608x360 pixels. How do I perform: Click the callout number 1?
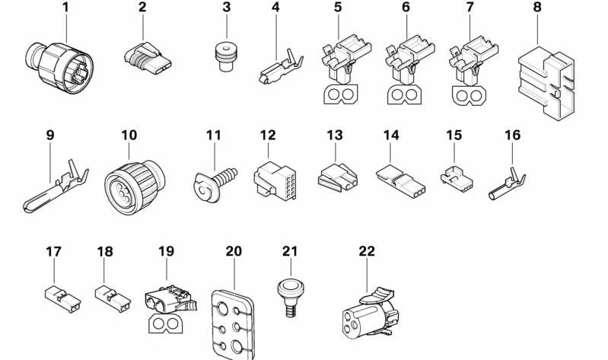click(65, 7)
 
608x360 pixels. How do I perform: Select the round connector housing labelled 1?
click(59, 68)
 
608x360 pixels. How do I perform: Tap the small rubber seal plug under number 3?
click(226, 56)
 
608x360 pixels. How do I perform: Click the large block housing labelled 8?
click(546, 83)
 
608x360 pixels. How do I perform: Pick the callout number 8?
click(537, 7)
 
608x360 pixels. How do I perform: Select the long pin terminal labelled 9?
click(56, 186)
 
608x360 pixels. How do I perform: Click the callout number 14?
click(391, 135)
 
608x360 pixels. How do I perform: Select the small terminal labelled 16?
click(507, 184)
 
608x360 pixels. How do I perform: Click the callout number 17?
click(53, 252)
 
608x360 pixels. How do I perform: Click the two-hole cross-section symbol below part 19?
click(166, 324)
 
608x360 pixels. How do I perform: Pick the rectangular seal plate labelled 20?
click(233, 324)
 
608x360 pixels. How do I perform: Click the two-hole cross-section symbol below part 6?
click(404, 94)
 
